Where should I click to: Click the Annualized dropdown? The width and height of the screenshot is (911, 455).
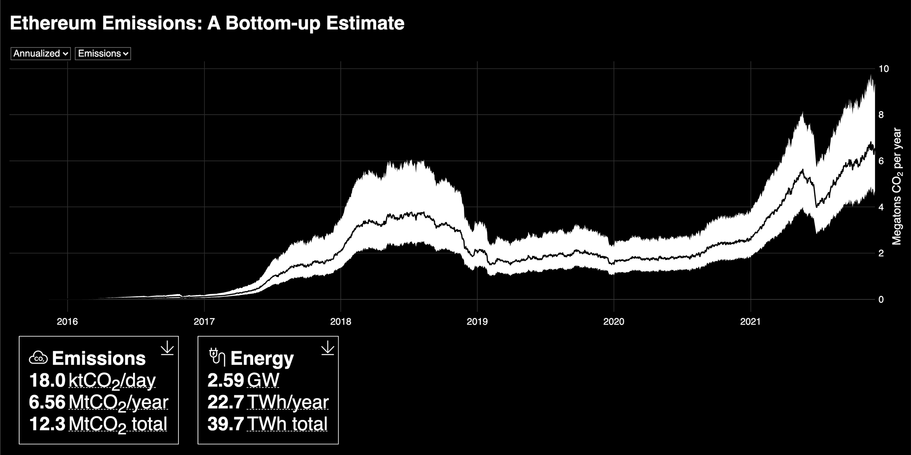click(x=40, y=53)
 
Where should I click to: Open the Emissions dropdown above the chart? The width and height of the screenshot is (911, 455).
click(x=103, y=53)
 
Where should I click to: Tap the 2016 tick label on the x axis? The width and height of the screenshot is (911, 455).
click(x=67, y=321)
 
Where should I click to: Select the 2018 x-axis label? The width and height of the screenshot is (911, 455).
click(x=341, y=321)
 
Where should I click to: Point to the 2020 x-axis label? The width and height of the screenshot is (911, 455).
click(x=614, y=321)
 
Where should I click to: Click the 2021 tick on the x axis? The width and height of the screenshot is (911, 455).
click(x=751, y=321)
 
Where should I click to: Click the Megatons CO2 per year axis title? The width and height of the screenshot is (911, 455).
click(x=897, y=187)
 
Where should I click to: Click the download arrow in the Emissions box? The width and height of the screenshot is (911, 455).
click(x=167, y=348)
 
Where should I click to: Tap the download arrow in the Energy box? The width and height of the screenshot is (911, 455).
click(x=327, y=348)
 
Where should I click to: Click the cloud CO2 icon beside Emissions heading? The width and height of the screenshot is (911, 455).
click(x=38, y=358)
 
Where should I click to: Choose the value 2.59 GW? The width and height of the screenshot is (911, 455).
click(x=226, y=381)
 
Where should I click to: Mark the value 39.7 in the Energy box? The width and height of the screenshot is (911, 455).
click(x=226, y=424)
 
